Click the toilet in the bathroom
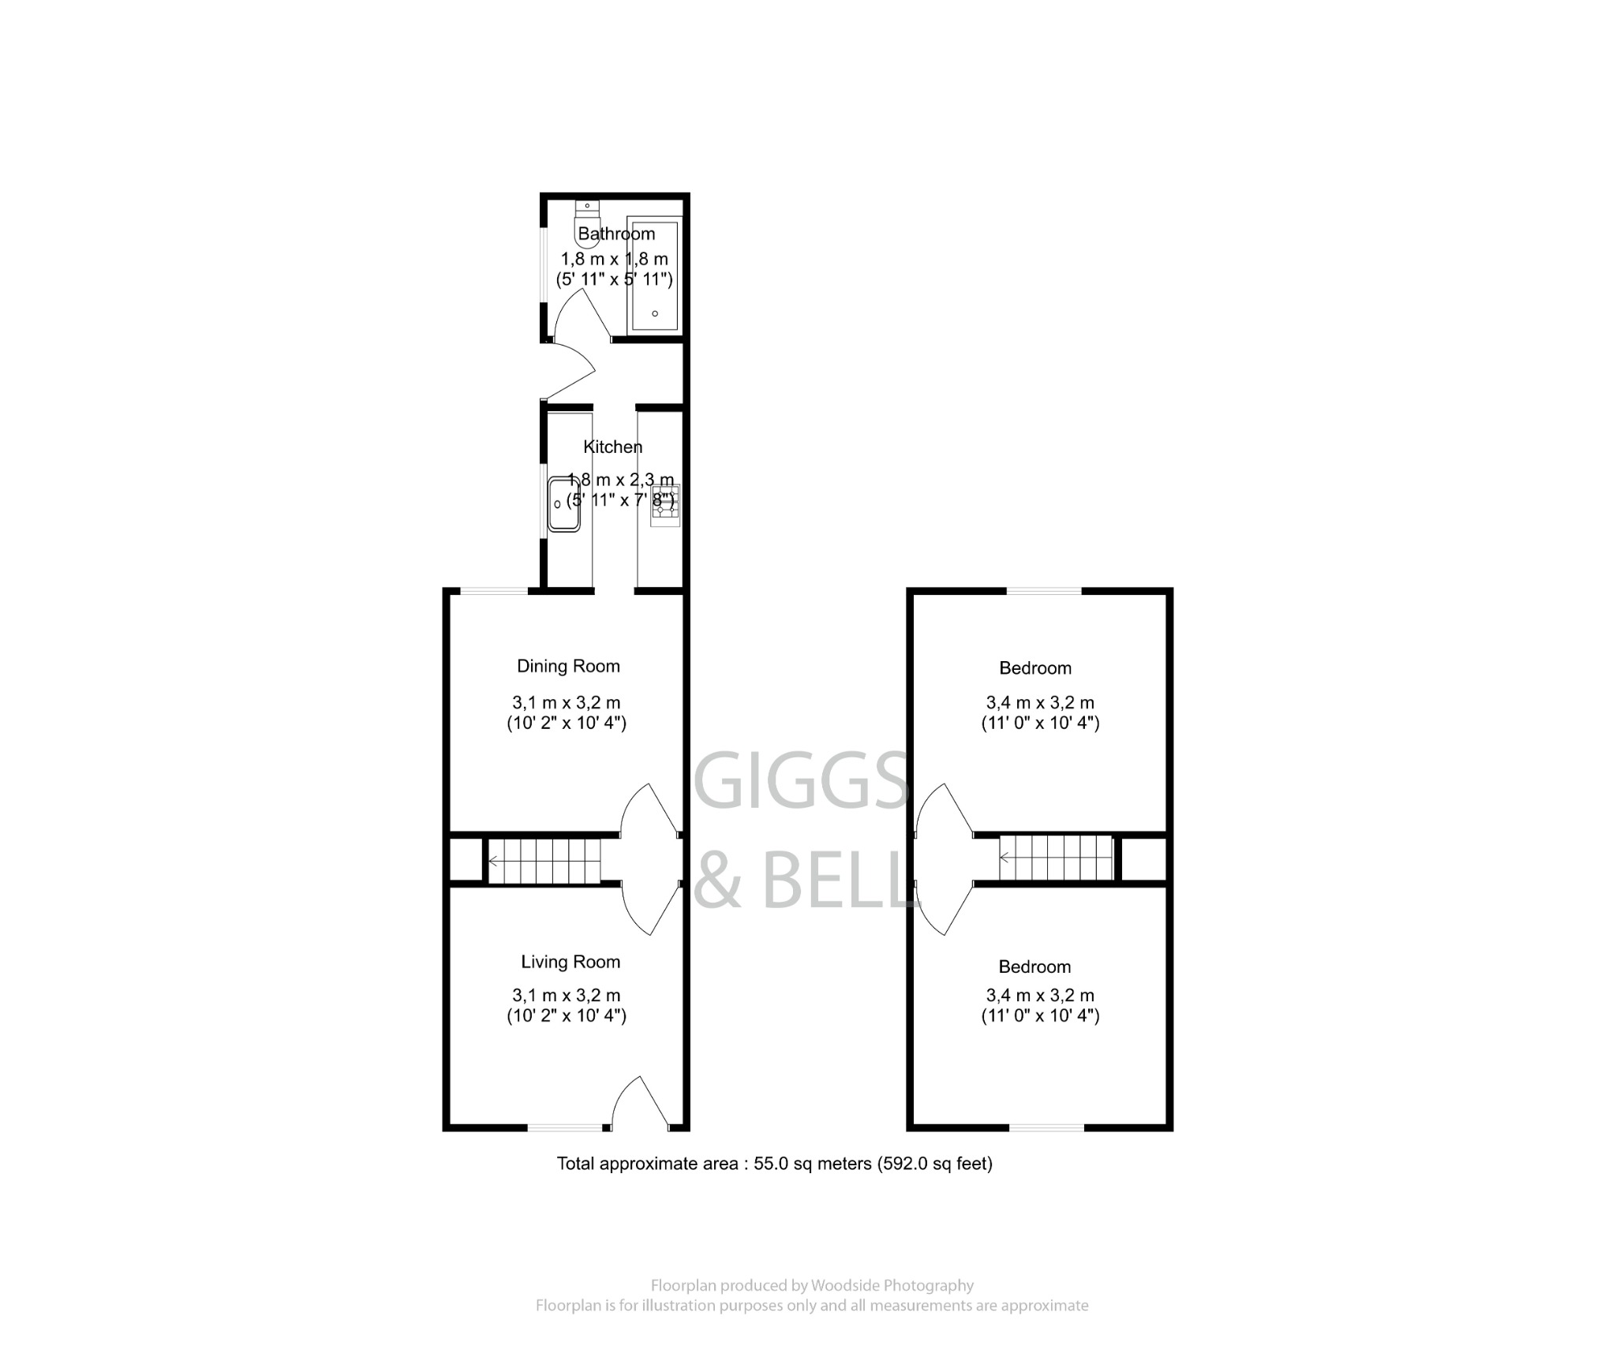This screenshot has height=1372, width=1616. [587, 225]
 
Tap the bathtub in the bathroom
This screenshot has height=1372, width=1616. [654, 276]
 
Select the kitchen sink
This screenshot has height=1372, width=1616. [564, 503]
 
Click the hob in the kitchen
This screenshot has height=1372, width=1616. [664, 505]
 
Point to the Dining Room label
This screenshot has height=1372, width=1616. [568, 667]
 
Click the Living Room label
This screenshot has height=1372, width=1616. [570, 962]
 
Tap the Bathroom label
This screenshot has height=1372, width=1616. [616, 234]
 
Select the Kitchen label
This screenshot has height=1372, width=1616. [612, 447]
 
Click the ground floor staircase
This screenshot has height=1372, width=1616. [544, 861]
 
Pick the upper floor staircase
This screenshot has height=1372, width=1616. [1056, 858]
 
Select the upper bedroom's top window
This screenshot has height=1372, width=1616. [1043, 591]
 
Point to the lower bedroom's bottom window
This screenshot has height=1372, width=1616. [1046, 1127]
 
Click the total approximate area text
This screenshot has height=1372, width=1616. [774, 1164]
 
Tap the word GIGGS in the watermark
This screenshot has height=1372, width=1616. [802, 781]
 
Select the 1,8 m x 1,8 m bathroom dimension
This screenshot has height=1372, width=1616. [614, 259]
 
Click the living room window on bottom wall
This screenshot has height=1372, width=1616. [564, 1127]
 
